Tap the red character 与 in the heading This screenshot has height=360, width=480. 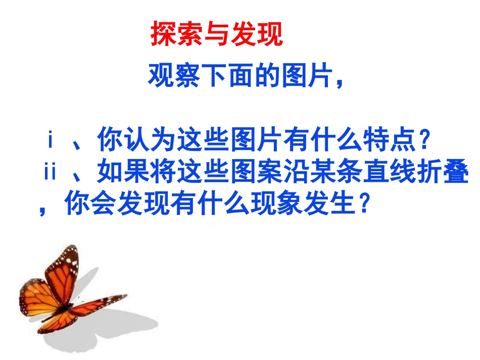(x=216, y=35)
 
